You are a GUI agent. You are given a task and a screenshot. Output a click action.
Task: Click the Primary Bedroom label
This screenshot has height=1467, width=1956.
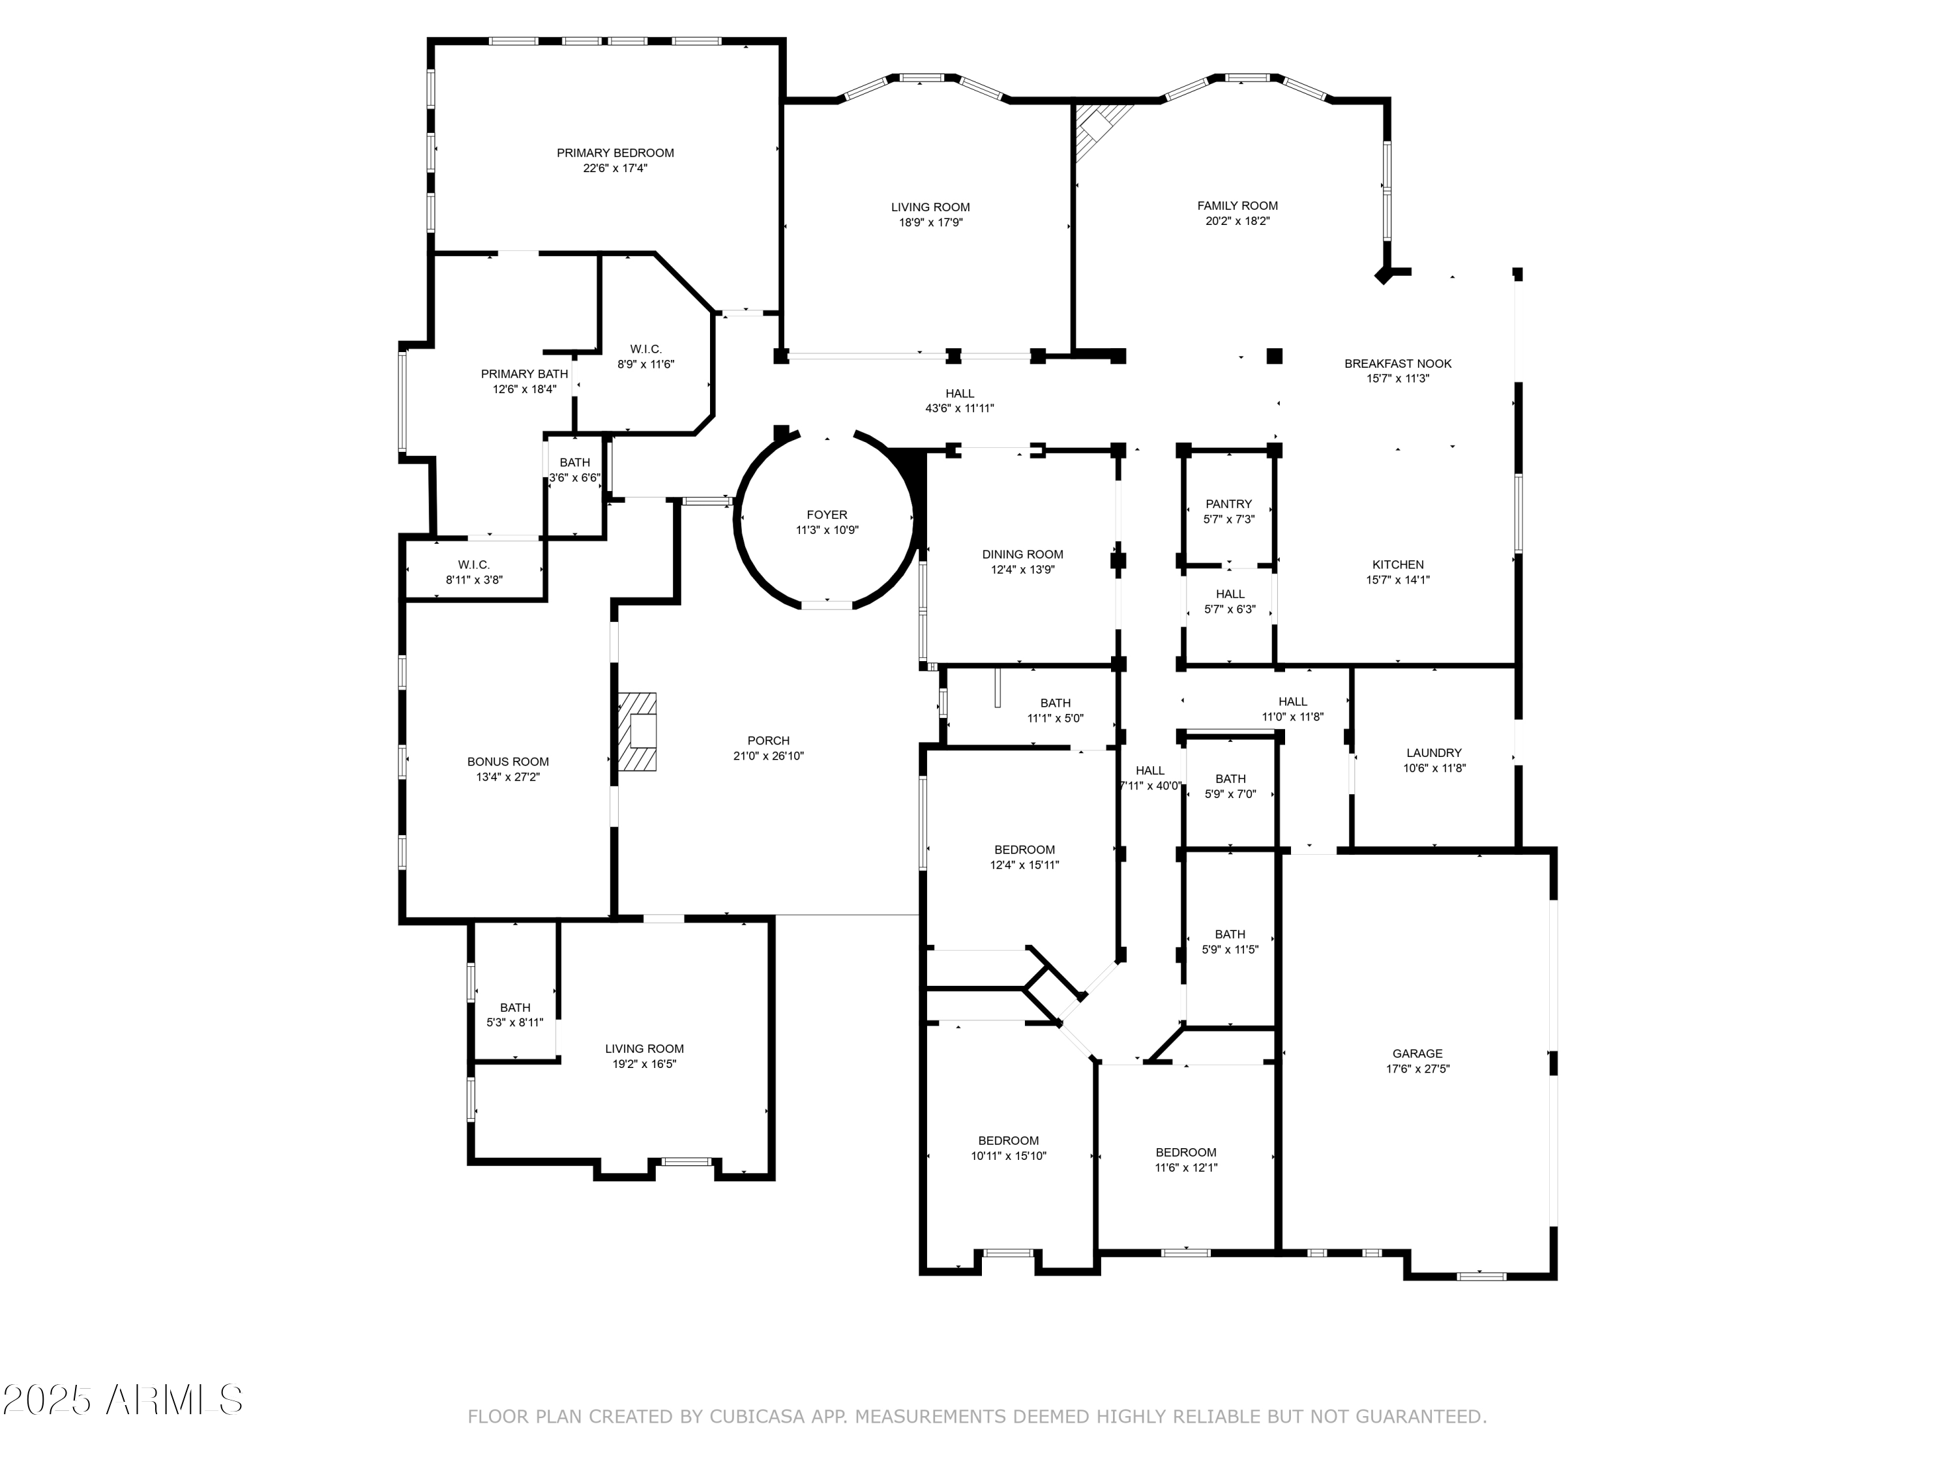tap(615, 153)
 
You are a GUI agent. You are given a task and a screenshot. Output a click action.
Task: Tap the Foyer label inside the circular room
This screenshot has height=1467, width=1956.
tap(827, 514)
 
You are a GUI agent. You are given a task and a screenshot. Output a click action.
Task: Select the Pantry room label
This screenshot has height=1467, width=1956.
tap(1228, 504)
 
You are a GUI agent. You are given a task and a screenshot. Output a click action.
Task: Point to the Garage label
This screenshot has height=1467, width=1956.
tap(1417, 1053)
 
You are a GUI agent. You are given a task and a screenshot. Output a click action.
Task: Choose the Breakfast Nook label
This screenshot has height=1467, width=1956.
tap(1398, 363)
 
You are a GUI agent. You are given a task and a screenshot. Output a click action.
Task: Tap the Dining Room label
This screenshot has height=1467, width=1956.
tap(1022, 554)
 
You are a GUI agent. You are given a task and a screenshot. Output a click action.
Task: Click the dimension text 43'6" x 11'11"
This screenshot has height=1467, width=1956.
tap(960, 409)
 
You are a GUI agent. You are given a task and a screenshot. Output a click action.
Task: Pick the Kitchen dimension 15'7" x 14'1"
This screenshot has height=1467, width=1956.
tap(1397, 580)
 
